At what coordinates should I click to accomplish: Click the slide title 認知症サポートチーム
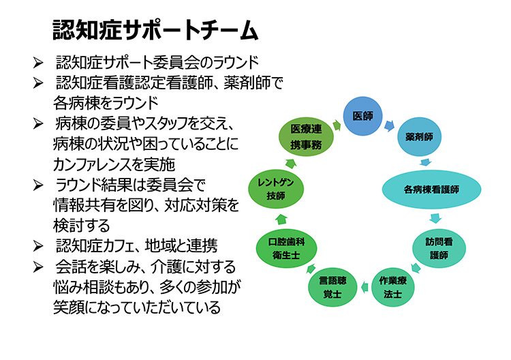click(x=155, y=30)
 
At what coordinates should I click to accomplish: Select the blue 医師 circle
click(x=362, y=116)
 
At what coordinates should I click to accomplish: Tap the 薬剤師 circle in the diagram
click(x=420, y=136)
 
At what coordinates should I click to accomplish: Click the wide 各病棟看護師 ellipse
click(x=431, y=189)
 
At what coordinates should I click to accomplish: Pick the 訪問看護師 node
click(x=439, y=248)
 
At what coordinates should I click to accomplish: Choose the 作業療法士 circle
click(x=392, y=287)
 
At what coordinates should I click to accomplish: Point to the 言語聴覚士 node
click(x=332, y=287)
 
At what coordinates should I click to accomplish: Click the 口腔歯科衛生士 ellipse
click(x=286, y=248)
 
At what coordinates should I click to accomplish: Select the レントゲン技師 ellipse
click(x=276, y=189)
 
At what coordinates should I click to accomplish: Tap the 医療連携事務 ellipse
click(x=306, y=136)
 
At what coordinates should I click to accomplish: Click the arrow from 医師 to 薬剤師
click(x=390, y=125)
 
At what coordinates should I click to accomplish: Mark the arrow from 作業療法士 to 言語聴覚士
click(x=365, y=287)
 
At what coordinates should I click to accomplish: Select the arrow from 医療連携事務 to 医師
click(x=337, y=125)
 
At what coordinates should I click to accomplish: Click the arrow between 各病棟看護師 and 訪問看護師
click(x=435, y=218)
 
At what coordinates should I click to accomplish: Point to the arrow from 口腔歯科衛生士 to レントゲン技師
click(x=281, y=220)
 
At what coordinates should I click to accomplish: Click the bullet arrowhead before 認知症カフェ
click(x=37, y=246)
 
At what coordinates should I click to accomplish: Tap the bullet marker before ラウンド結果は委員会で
click(x=37, y=185)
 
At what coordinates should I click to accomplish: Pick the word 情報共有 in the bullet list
click(x=84, y=205)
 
